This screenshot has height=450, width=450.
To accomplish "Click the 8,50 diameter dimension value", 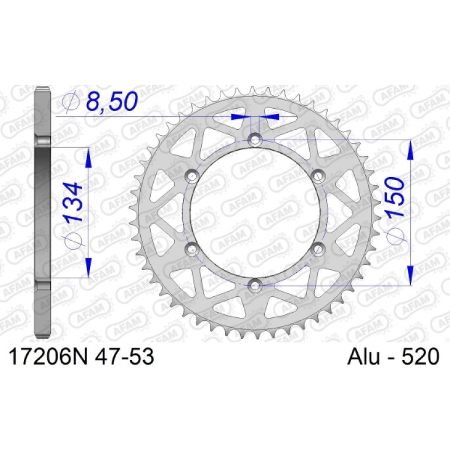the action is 112,101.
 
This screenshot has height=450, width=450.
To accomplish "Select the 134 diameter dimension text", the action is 73,203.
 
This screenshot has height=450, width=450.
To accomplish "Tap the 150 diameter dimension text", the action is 396,197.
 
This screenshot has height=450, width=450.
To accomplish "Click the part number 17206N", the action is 48,356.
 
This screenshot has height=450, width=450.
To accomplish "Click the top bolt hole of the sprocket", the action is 255,140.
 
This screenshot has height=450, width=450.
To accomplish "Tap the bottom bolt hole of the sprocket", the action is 255,285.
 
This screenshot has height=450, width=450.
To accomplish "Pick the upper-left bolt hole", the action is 192,176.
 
